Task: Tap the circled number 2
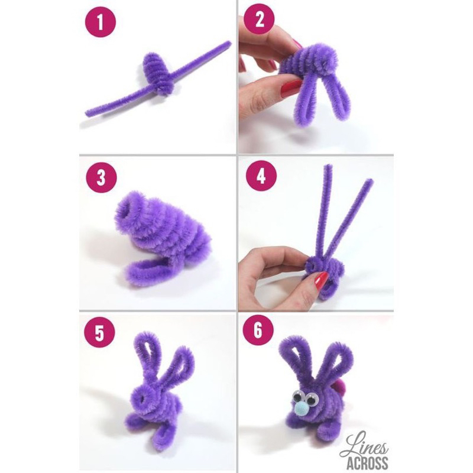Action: pyautogui.click(x=258, y=22)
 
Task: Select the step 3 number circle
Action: pyautogui.click(x=100, y=178)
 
